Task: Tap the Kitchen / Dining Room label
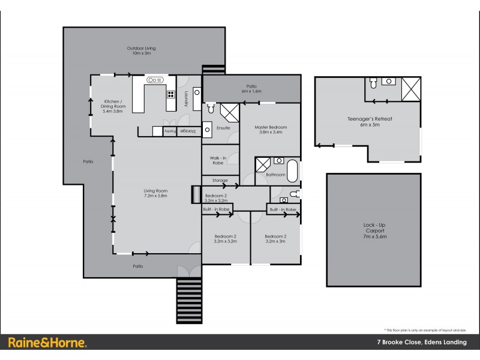coord(113,106)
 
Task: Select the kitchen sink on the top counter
coord(154,80)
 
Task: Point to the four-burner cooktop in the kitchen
coord(170,94)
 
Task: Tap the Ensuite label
coord(223,127)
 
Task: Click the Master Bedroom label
coord(270,130)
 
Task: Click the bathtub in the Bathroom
coord(292,171)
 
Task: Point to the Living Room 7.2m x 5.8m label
coord(154,194)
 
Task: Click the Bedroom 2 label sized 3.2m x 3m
coord(276,239)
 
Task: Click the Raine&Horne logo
coord(47,343)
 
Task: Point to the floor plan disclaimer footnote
coord(425,330)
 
